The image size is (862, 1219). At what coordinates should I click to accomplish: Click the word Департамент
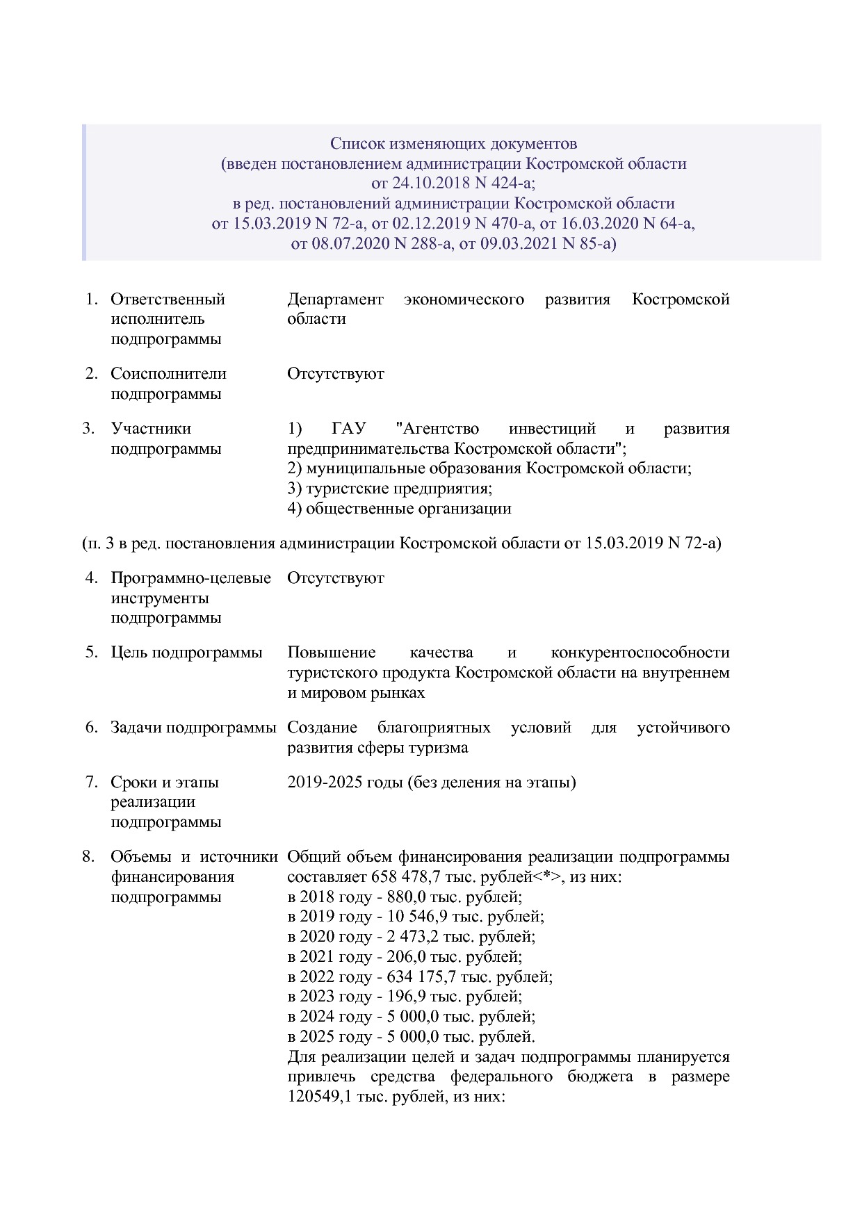[335, 300]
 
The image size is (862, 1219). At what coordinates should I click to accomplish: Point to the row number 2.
[91, 374]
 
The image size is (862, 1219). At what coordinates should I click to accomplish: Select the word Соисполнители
[168, 374]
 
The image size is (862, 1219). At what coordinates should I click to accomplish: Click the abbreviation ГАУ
[354, 429]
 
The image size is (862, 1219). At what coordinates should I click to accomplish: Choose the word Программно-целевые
[190, 578]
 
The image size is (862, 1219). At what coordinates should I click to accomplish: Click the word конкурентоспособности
[640, 653]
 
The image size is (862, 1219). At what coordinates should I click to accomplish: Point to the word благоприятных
[433, 728]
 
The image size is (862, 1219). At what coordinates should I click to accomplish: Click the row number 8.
[88, 857]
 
